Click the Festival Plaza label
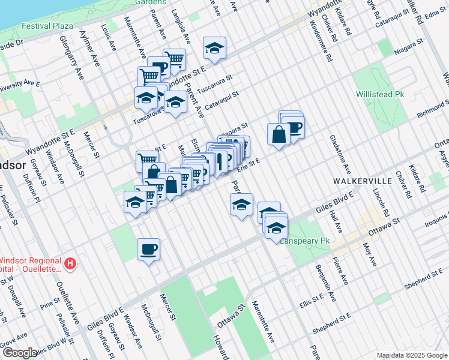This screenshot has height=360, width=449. pyautogui.click(x=47, y=26)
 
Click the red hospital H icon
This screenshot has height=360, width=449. pyautogui.click(x=71, y=263)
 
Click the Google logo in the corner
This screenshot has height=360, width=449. pyautogui.click(x=19, y=353)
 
